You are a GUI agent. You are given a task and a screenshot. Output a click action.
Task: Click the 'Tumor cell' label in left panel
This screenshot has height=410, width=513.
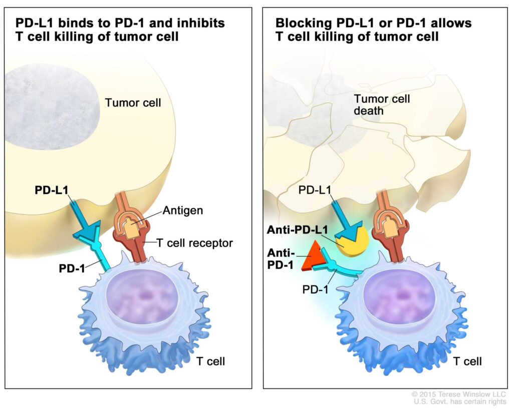coord(133,103)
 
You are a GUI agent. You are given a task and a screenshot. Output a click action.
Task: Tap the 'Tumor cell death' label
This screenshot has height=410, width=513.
coord(382,105)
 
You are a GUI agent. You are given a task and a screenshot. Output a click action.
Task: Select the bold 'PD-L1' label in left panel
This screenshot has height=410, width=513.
coord(51,190)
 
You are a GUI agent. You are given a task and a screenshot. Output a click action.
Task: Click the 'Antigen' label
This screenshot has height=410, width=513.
coord(182,210)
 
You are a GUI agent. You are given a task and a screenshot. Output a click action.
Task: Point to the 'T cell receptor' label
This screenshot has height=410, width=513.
coord(195,243)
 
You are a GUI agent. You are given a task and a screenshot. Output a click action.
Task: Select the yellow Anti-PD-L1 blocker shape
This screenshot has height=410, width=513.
coord(352,242)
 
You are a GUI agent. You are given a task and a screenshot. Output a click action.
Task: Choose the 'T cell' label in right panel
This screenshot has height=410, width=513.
coord(467,361)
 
